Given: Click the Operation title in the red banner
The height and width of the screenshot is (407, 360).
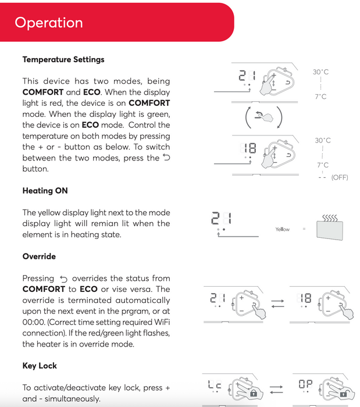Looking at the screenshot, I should click(x=49, y=23).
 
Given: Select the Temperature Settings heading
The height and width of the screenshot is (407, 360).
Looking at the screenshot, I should click(x=63, y=59).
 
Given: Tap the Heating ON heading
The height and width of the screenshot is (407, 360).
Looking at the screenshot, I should click(x=45, y=191).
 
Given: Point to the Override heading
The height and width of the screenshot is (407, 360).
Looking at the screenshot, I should click(x=39, y=256).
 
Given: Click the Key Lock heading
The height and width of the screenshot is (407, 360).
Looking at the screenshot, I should click(x=40, y=366).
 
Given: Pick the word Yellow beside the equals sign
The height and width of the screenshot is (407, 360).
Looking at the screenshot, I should click(x=282, y=229).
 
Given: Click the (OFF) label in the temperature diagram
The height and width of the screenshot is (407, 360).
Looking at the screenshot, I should click(x=339, y=177).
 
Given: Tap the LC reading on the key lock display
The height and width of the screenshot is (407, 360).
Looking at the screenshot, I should click(x=214, y=385).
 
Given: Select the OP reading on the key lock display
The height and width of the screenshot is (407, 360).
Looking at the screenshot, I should click(x=305, y=385).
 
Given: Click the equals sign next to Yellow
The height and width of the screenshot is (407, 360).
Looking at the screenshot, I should click(x=304, y=229).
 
